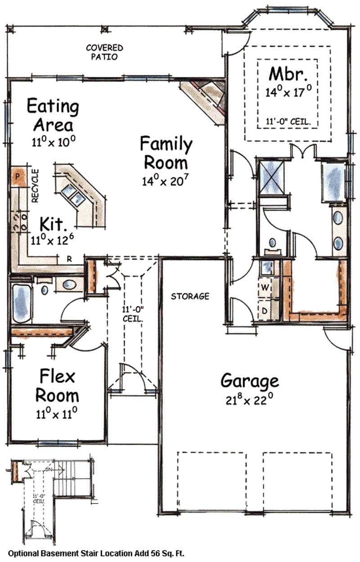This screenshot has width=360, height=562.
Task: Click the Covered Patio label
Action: pyautogui.click(x=104, y=52)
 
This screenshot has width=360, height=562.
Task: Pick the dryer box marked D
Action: pyautogui.click(x=265, y=310)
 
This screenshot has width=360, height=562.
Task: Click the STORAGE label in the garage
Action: pyautogui.click(x=190, y=296)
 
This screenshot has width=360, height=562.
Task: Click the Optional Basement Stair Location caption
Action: pyautogui.click(x=96, y=553)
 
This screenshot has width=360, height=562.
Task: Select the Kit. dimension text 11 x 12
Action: pyautogui.click(x=53, y=239)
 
